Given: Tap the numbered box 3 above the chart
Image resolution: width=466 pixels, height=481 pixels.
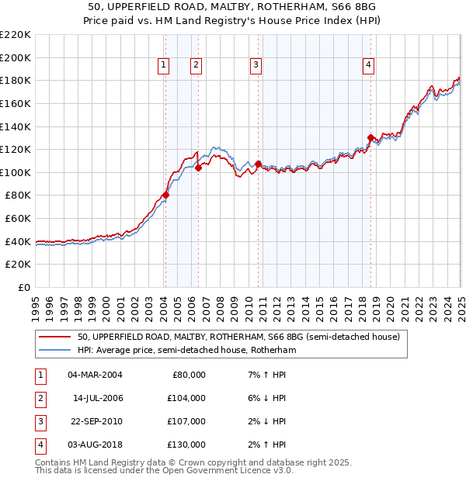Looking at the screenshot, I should [x=256, y=66].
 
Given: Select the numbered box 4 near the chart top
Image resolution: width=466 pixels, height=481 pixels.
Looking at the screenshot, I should [x=367, y=66].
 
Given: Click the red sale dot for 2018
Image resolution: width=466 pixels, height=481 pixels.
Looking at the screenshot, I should [x=370, y=138].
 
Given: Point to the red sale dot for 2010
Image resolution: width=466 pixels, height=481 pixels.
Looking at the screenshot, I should [x=258, y=164].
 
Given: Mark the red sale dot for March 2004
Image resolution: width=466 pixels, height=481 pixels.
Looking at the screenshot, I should [x=165, y=196].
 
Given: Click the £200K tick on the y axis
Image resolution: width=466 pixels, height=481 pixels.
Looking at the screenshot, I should [x=16, y=57].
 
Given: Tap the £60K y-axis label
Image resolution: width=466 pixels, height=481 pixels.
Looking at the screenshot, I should [x=18, y=219].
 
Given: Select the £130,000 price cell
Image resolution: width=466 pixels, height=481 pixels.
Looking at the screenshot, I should [x=187, y=445].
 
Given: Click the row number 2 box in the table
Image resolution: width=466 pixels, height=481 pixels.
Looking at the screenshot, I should [x=40, y=398].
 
